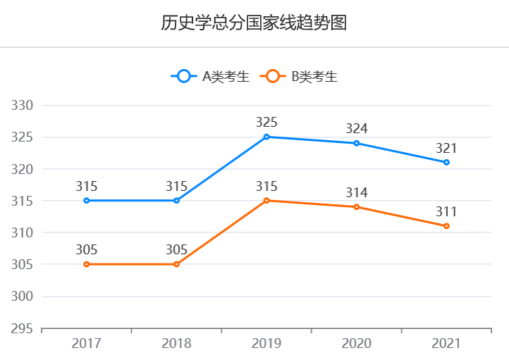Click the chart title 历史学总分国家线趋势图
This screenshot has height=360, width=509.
(x=254, y=23)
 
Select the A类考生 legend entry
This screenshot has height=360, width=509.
(x=210, y=77)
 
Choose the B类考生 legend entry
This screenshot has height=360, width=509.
(x=300, y=77)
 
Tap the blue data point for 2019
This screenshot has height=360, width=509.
(x=266, y=137)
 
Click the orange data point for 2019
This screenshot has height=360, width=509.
(x=266, y=201)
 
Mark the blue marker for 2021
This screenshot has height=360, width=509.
(x=446, y=162)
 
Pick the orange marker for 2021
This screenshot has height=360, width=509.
(x=446, y=226)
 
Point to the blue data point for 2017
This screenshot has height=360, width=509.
(x=87, y=201)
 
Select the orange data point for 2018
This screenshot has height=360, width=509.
(x=176, y=264)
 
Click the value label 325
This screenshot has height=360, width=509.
(x=266, y=122)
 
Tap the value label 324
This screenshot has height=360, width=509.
(x=357, y=128)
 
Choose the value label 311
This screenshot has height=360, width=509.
(x=446, y=211)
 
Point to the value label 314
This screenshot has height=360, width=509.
(x=357, y=192)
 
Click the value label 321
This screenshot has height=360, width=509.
(x=446, y=148)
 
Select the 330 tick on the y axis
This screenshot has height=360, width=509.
(x=24, y=106)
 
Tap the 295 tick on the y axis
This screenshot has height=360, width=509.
(x=24, y=328)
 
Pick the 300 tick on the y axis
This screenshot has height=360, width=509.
(x=24, y=297)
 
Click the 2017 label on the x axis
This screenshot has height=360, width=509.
(x=87, y=344)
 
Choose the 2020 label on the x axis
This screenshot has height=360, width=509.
(x=357, y=344)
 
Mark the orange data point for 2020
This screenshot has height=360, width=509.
(x=357, y=207)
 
